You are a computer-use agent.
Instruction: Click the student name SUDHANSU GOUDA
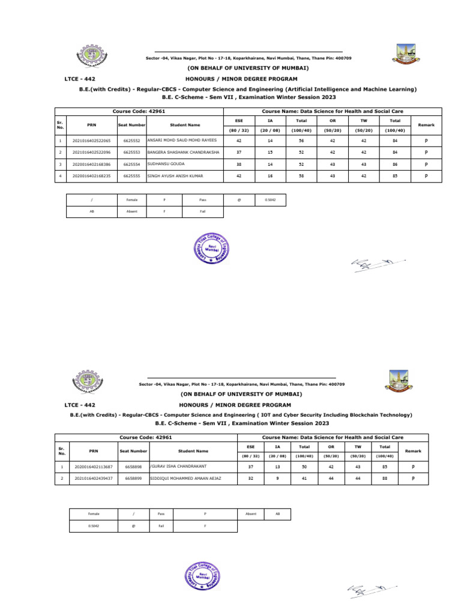coord(165,163)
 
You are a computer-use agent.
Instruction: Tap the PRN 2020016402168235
coord(91,176)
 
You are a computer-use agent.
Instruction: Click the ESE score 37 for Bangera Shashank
coord(239,151)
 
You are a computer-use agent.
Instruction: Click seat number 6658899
coord(134,479)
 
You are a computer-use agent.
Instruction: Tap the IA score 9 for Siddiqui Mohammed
coord(277,479)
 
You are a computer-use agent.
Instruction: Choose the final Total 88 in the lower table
coord(385,479)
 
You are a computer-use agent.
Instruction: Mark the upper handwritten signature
coord(377,264)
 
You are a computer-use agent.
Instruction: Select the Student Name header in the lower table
coord(193,450)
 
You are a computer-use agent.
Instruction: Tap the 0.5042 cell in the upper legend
coord(270,199)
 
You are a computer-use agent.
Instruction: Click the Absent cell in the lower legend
coord(251,514)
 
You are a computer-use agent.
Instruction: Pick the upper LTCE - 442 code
coord(80,78)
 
